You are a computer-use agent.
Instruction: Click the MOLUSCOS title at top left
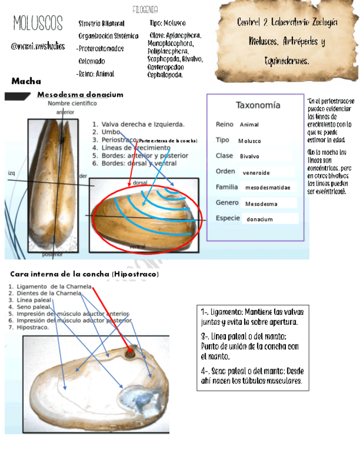pyautogui.click(x=38, y=24)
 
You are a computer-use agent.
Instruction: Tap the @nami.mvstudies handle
pyautogui.click(x=38, y=46)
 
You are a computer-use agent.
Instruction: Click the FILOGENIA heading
pyautogui.click(x=146, y=10)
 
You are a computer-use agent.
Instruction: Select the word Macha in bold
pyautogui.click(x=26, y=81)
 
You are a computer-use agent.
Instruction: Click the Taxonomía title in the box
pyautogui.click(x=258, y=105)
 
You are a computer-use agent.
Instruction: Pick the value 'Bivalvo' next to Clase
pyautogui.click(x=250, y=157)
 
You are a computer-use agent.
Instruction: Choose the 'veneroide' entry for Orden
pyautogui.click(x=256, y=173)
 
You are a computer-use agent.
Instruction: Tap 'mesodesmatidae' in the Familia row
pyautogui.click(x=267, y=188)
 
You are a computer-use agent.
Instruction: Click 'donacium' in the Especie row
pyautogui.click(x=259, y=219)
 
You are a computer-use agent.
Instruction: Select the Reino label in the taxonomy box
pyautogui.click(x=224, y=125)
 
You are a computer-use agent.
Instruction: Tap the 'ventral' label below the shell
pyautogui.click(x=137, y=248)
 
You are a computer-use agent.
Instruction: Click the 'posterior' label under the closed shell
pyautogui.click(x=52, y=254)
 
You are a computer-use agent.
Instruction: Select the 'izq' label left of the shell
pyautogui.click(x=12, y=173)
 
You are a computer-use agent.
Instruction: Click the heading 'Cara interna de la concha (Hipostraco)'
pyautogui.click(x=85, y=274)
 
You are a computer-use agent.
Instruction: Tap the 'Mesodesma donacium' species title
pyautogui.click(x=80, y=95)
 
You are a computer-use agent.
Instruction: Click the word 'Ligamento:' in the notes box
pyautogui.click(x=226, y=312)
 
